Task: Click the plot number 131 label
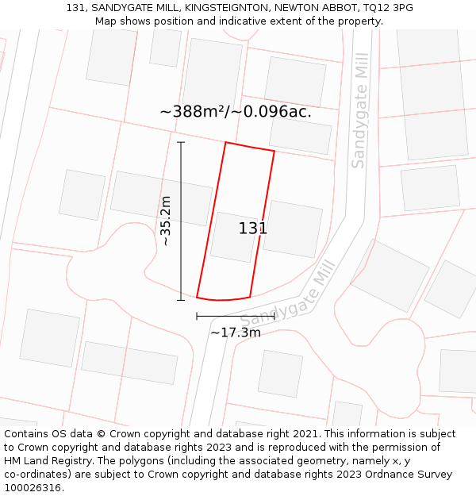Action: click(x=252, y=229)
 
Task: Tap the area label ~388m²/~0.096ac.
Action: click(x=236, y=112)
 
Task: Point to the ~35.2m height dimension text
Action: click(x=166, y=221)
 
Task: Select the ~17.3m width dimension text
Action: click(x=235, y=333)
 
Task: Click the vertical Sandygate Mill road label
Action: click(x=359, y=110)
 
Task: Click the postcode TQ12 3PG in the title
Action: click(x=388, y=8)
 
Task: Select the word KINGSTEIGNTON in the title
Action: click(x=225, y=8)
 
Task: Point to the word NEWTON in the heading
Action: click(x=297, y=8)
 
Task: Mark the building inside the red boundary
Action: click(x=232, y=236)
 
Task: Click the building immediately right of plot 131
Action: click(x=292, y=229)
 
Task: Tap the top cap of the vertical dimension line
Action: click(x=181, y=143)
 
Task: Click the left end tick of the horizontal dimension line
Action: click(x=197, y=316)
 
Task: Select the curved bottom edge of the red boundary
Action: click(x=223, y=300)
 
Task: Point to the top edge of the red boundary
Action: click(x=250, y=147)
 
